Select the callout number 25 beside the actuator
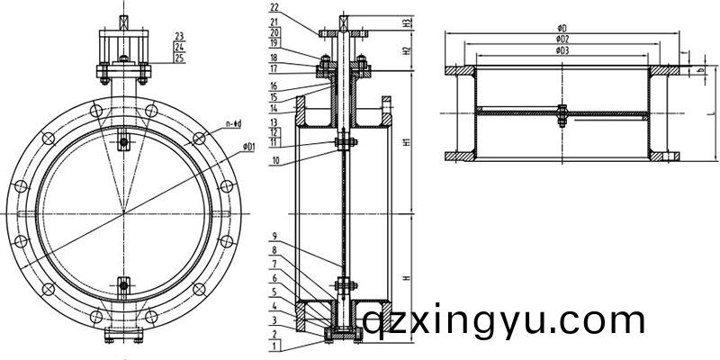click(x=180, y=58)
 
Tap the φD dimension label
click(x=562, y=29)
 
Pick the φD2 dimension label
click(x=562, y=40)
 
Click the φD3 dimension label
click(x=562, y=50)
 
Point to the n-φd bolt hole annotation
click(x=238, y=123)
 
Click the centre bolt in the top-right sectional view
click(x=560, y=113)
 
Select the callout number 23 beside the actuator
click(x=180, y=36)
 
